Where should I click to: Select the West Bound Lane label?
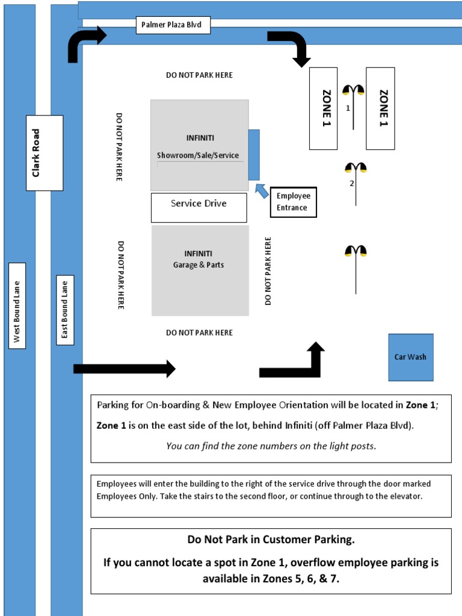[x=17, y=312]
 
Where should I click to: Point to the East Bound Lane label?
[x=65, y=310]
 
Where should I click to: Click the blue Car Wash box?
[x=410, y=357]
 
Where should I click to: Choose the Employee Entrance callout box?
[x=293, y=202]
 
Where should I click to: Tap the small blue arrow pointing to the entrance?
[x=262, y=191]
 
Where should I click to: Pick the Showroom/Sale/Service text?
[x=198, y=155]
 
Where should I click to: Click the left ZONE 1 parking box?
[x=323, y=108]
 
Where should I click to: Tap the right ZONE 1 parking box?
[x=380, y=108]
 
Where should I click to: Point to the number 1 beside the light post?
[x=348, y=108]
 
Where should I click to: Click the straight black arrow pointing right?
[x=124, y=368]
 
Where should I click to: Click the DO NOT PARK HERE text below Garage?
[x=199, y=333]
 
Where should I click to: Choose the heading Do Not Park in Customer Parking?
[x=271, y=540]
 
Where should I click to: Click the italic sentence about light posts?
[x=271, y=446]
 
